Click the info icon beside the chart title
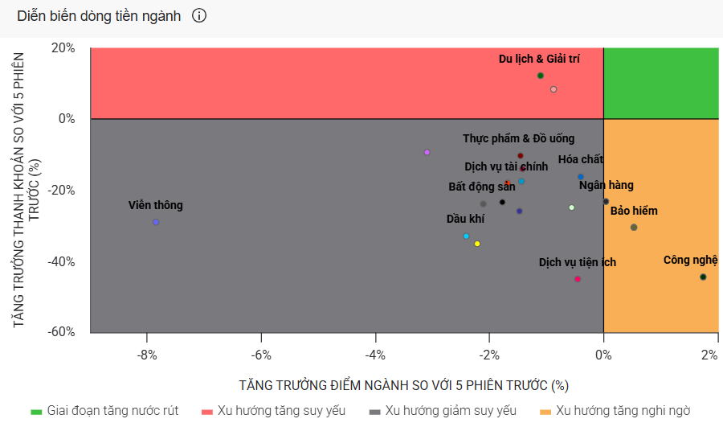pos(199,16)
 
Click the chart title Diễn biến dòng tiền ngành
pos(99,16)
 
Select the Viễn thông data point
pos(156,222)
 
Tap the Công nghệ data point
pos(703,277)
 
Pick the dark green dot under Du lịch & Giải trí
pos(541,76)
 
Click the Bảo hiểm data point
pos(634,227)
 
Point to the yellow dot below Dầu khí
pos(477,244)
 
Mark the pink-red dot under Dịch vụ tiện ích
pos(578,279)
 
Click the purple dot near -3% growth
pos(427,152)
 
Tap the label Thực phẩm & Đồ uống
pos(519,138)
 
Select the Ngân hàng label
pos(607,185)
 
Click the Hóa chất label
pos(581,159)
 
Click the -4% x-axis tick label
pos(375,355)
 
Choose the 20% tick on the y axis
pos(63,48)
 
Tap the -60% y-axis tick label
pos(61,331)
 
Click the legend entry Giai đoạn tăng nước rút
pos(104,411)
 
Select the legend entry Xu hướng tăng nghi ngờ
pos(615,411)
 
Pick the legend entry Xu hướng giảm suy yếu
pos(443,411)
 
